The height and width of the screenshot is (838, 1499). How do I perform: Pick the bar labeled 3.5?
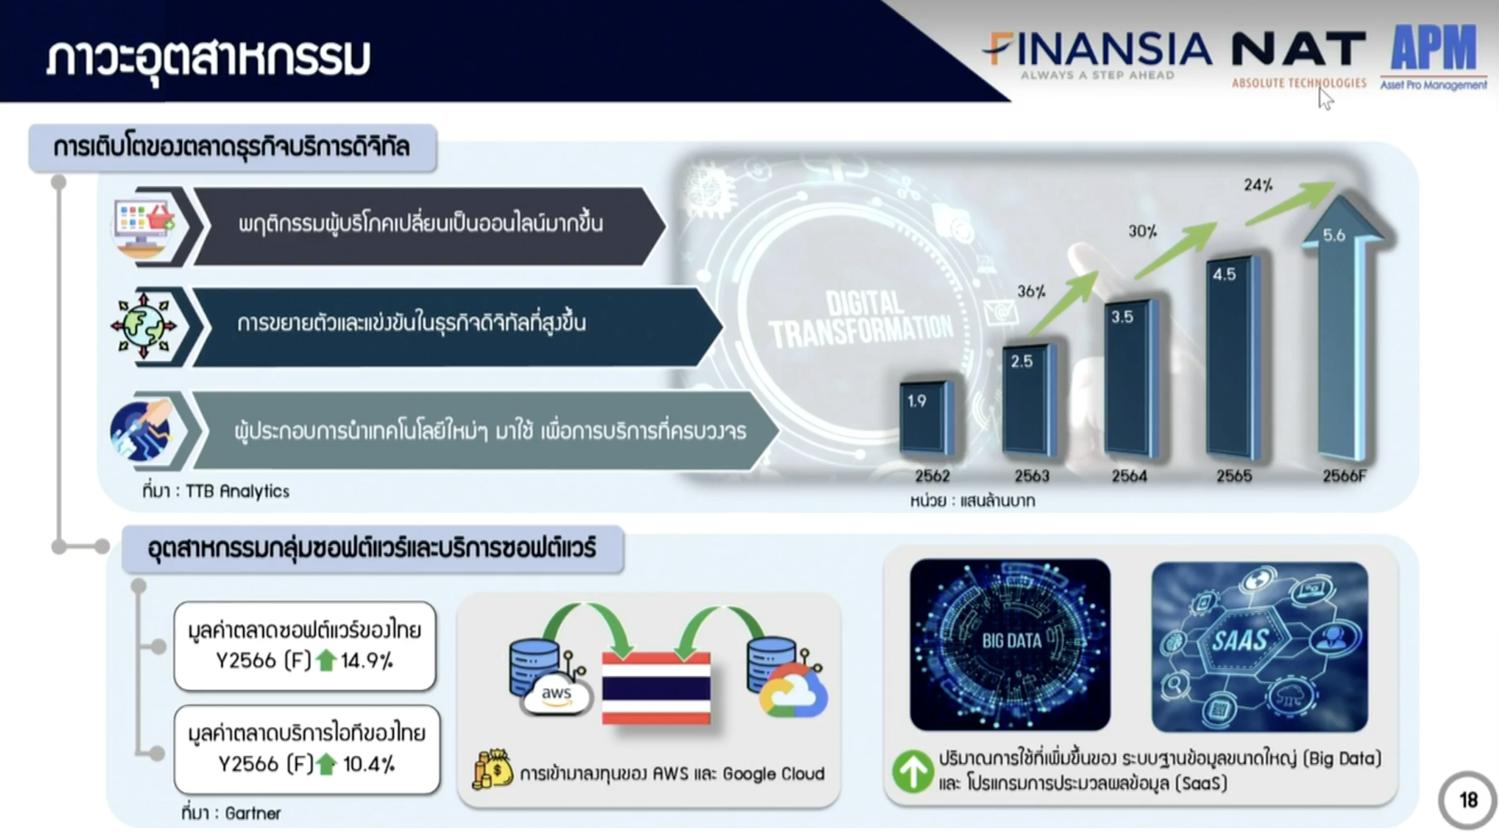tap(1131, 378)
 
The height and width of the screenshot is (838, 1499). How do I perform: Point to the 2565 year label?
tap(1234, 476)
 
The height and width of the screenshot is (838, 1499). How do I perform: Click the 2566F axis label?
tap(1344, 476)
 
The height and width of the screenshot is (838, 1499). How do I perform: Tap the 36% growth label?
tap(1031, 291)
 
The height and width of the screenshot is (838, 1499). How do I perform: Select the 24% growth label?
tap(1258, 185)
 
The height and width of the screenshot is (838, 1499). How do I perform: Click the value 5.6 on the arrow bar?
tap(1334, 235)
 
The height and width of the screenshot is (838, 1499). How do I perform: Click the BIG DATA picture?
tap(1010, 644)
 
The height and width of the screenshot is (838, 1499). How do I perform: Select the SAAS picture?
tap(1260, 646)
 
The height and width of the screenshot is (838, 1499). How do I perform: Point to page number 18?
tap(1468, 800)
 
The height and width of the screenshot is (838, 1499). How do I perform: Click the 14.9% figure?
tap(367, 661)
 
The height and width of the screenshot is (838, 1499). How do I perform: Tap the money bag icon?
tap(493, 769)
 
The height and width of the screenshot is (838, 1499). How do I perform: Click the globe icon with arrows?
tap(144, 326)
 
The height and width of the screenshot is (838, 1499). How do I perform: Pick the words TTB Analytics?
tap(237, 491)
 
